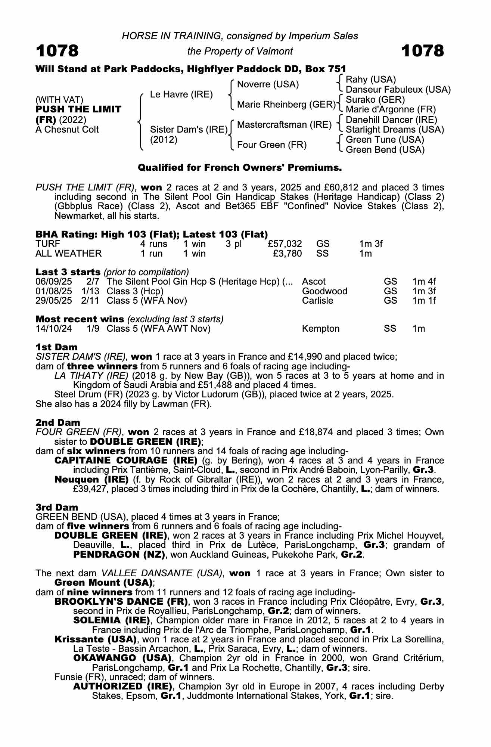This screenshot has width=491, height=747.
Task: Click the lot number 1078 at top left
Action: [x=57, y=51]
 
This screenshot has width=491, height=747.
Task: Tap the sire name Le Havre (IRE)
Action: [x=181, y=94]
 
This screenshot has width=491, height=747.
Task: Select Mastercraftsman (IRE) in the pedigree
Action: [x=284, y=125]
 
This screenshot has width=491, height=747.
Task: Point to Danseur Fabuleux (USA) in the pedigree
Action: [x=398, y=90]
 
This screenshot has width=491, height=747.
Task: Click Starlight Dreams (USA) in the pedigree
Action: [x=395, y=130]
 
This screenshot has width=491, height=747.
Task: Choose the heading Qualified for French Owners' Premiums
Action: [x=240, y=168]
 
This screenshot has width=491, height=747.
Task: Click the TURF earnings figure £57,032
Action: [x=285, y=244]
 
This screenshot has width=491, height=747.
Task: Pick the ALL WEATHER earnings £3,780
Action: [x=287, y=254]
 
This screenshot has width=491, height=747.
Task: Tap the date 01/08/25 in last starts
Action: [x=54, y=291]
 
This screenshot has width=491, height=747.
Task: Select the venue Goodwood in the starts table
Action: [x=324, y=291]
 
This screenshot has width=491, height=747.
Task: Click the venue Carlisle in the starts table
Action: [x=317, y=301]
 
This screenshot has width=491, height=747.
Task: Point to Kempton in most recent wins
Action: [x=321, y=329]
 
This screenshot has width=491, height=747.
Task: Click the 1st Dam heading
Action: [x=56, y=347]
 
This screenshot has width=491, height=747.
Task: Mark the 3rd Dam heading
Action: [x=57, y=507]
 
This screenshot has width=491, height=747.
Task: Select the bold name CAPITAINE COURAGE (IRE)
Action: [x=126, y=460]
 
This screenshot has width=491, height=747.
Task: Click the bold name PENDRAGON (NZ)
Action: [x=119, y=554]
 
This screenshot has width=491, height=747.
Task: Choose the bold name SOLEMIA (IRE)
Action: [x=112, y=620]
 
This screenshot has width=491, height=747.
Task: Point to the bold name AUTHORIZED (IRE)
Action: [x=122, y=686]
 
